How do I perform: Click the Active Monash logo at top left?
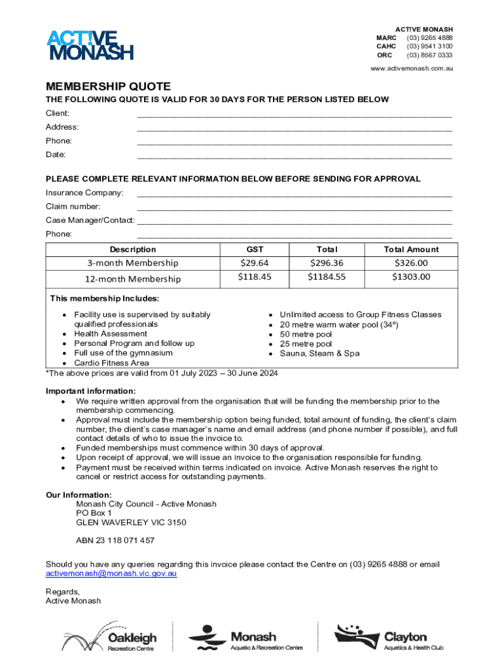(90, 45)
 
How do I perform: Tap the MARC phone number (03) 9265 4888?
(429, 38)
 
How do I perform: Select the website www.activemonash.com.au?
(412, 68)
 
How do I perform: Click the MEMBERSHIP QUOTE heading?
(108, 86)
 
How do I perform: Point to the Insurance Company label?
(84, 193)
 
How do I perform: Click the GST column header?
(255, 249)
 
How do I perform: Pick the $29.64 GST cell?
(255, 263)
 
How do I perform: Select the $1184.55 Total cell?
(327, 277)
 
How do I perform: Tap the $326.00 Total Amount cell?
(411, 263)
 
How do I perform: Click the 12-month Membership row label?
(133, 279)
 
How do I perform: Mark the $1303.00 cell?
(411, 277)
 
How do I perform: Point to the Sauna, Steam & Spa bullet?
(319, 353)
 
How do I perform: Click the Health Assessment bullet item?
(111, 334)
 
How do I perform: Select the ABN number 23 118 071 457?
(115, 541)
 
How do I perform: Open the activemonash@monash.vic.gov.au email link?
(111, 573)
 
